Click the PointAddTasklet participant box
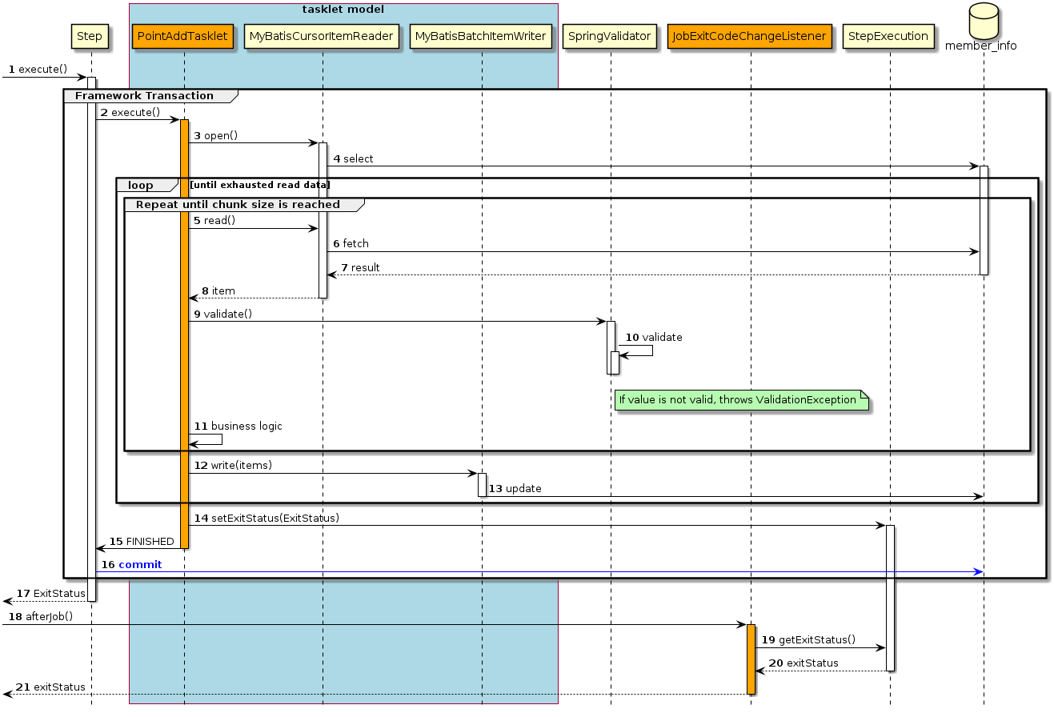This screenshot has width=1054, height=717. tap(183, 36)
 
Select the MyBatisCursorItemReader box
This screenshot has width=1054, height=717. tap(322, 36)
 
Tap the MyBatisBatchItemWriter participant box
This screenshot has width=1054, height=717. tap(481, 36)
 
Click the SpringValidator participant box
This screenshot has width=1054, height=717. tap(610, 36)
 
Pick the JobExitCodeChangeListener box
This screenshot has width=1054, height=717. tap(750, 36)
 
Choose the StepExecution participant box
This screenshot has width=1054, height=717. tap(889, 36)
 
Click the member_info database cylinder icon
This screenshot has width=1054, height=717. tap(983, 24)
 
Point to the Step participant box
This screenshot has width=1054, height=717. tap(90, 36)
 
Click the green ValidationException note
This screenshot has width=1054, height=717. tap(740, 400)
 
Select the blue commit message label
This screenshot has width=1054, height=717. tap(139, 565)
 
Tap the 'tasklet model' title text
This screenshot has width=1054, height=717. tap(343, 10)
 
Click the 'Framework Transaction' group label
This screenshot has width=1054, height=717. tap(144, 96)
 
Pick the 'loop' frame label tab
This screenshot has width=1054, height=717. tap(141, 185)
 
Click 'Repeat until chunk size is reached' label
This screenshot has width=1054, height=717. tap(238, 205)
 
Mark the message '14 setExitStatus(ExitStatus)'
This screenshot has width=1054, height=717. tap(267, 519)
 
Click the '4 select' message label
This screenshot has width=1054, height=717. tap(353, 159)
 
